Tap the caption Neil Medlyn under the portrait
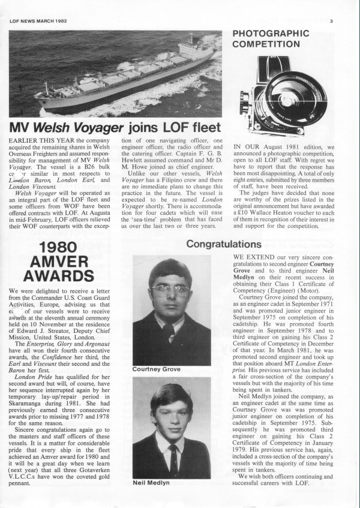pos(151,482)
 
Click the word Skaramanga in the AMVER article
pos(28,386)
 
